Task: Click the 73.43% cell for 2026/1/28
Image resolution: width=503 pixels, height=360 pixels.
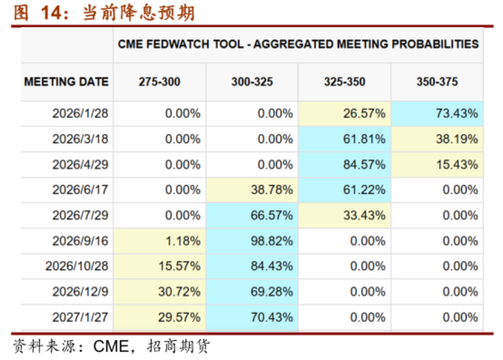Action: coord(437,113)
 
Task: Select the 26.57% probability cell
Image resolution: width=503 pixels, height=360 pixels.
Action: coord(344,113)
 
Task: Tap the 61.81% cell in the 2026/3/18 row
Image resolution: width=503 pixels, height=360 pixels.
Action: coord(344,139)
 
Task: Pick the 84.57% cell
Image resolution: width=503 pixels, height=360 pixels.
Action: coord(344,164)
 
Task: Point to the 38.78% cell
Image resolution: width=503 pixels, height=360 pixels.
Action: coord(252,190)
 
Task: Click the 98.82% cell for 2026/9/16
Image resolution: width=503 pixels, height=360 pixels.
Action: coord(252,241)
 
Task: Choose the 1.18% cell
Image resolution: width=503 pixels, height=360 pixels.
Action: coord(160,241)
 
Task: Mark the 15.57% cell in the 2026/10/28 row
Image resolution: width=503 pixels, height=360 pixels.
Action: coord(160,266)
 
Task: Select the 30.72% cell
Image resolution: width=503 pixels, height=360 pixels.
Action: coord(160,292)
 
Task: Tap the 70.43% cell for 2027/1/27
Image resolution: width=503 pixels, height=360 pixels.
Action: coord(252,317)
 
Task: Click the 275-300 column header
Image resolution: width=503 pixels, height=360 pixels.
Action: coord(160,82)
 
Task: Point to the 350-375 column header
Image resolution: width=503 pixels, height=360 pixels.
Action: coord(437,82)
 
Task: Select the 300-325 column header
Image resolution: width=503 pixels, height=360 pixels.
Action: coord(252,82)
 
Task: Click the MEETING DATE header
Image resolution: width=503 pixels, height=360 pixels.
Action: coord(67,82)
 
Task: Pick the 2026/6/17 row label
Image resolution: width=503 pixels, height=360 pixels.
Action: coord(80,190)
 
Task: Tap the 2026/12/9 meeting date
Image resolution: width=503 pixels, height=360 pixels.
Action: coord(80,292)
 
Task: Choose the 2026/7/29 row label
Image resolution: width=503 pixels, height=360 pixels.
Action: coord(80,215)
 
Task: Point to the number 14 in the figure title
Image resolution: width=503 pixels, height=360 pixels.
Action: coord(51,13)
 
